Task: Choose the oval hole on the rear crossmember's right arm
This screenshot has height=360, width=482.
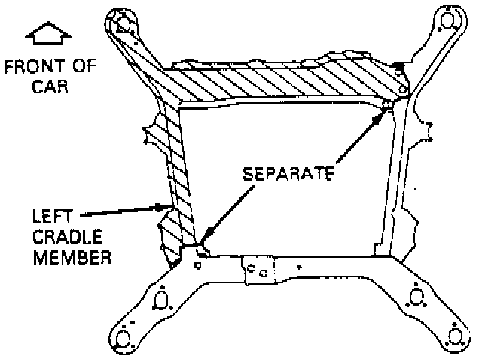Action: coord(413,297)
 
